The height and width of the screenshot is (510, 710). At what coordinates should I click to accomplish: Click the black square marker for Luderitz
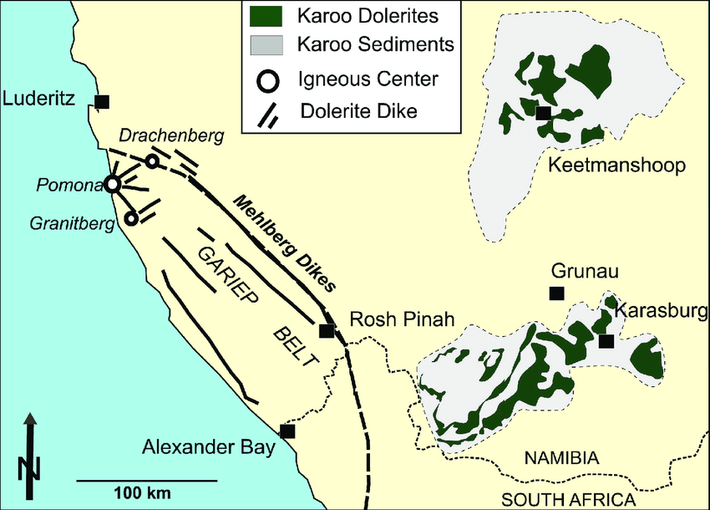pyautogui.click(x=102, y=102)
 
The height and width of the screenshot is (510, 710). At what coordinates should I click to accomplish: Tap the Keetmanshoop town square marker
pyautogui.click(x=544, y=113)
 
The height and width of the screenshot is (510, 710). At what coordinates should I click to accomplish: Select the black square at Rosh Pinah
pyautogui.click(x=327, y=330)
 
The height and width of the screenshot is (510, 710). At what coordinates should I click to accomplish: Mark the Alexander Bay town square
pyautogui.click(x=287, y=431)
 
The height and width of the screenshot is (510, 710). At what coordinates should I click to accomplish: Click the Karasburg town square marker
pyautogui.click(x=606, y=340)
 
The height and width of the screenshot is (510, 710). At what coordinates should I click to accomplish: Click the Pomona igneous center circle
pyautogui.click(x=112, y=185)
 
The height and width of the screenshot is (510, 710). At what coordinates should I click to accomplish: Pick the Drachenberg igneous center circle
pyautogui.click(x=152, y=161)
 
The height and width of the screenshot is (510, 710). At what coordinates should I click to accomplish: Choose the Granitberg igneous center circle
pyautogui.click(x=131, y=218)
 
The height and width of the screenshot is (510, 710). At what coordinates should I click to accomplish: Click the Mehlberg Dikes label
pyautogui.click(x=284, y=243)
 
